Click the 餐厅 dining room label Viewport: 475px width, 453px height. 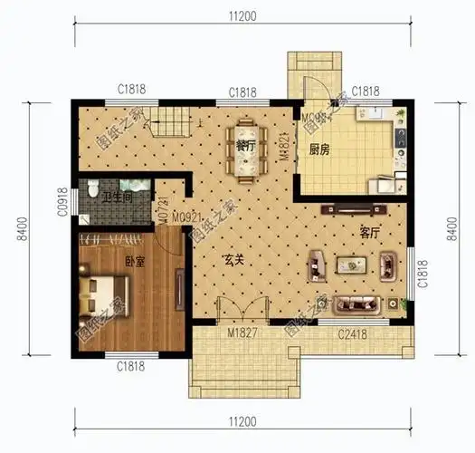[242, 145]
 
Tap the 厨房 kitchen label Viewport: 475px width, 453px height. [318, 150]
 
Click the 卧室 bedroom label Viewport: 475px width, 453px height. [136, 261]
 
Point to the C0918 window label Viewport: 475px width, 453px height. [61, 200]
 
